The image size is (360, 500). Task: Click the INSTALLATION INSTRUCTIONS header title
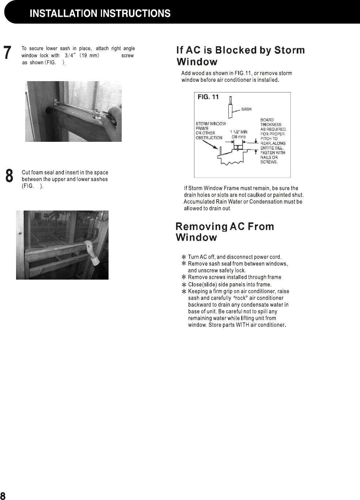pyautogui.click(x=100, y=14)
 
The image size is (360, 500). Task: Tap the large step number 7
pyautogui.click(x=7, y=53)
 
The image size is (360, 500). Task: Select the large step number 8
pyautogui.click(x=9, y=176)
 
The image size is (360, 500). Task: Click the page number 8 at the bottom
pyautogui.click(x=3, y=496)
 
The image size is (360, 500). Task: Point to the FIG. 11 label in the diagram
pyautogui.click(x=208, y=97)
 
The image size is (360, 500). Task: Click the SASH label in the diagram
pyautogui.click(x=246, y=109)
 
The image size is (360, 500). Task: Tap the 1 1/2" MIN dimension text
pyautogui.click(x=239, y=132)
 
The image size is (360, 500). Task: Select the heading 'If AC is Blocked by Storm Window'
pyautogui.click(x=240, y=56)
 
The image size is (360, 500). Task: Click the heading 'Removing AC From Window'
pyautogui.click(x=224, y=232)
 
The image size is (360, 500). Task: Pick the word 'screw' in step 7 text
pyautogui.click(x=128, y=56)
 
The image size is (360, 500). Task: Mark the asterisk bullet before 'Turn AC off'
pyautogui.click(x=184, y=257)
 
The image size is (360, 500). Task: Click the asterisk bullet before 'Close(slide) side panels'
pyautogui.click(x=184, y=285)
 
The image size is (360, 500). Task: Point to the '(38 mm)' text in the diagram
pyautogui.click(x=239, y=137)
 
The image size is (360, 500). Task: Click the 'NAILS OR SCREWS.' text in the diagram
pyautogui.click(x=269, y=160)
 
